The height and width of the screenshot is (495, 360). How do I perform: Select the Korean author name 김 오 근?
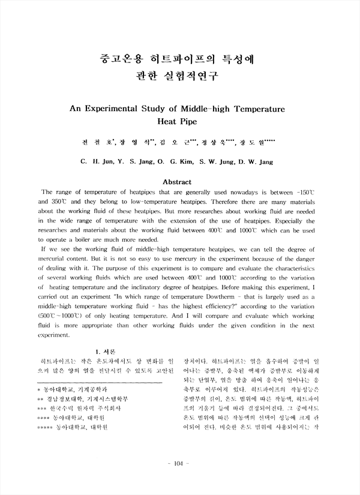coord(181,143)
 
